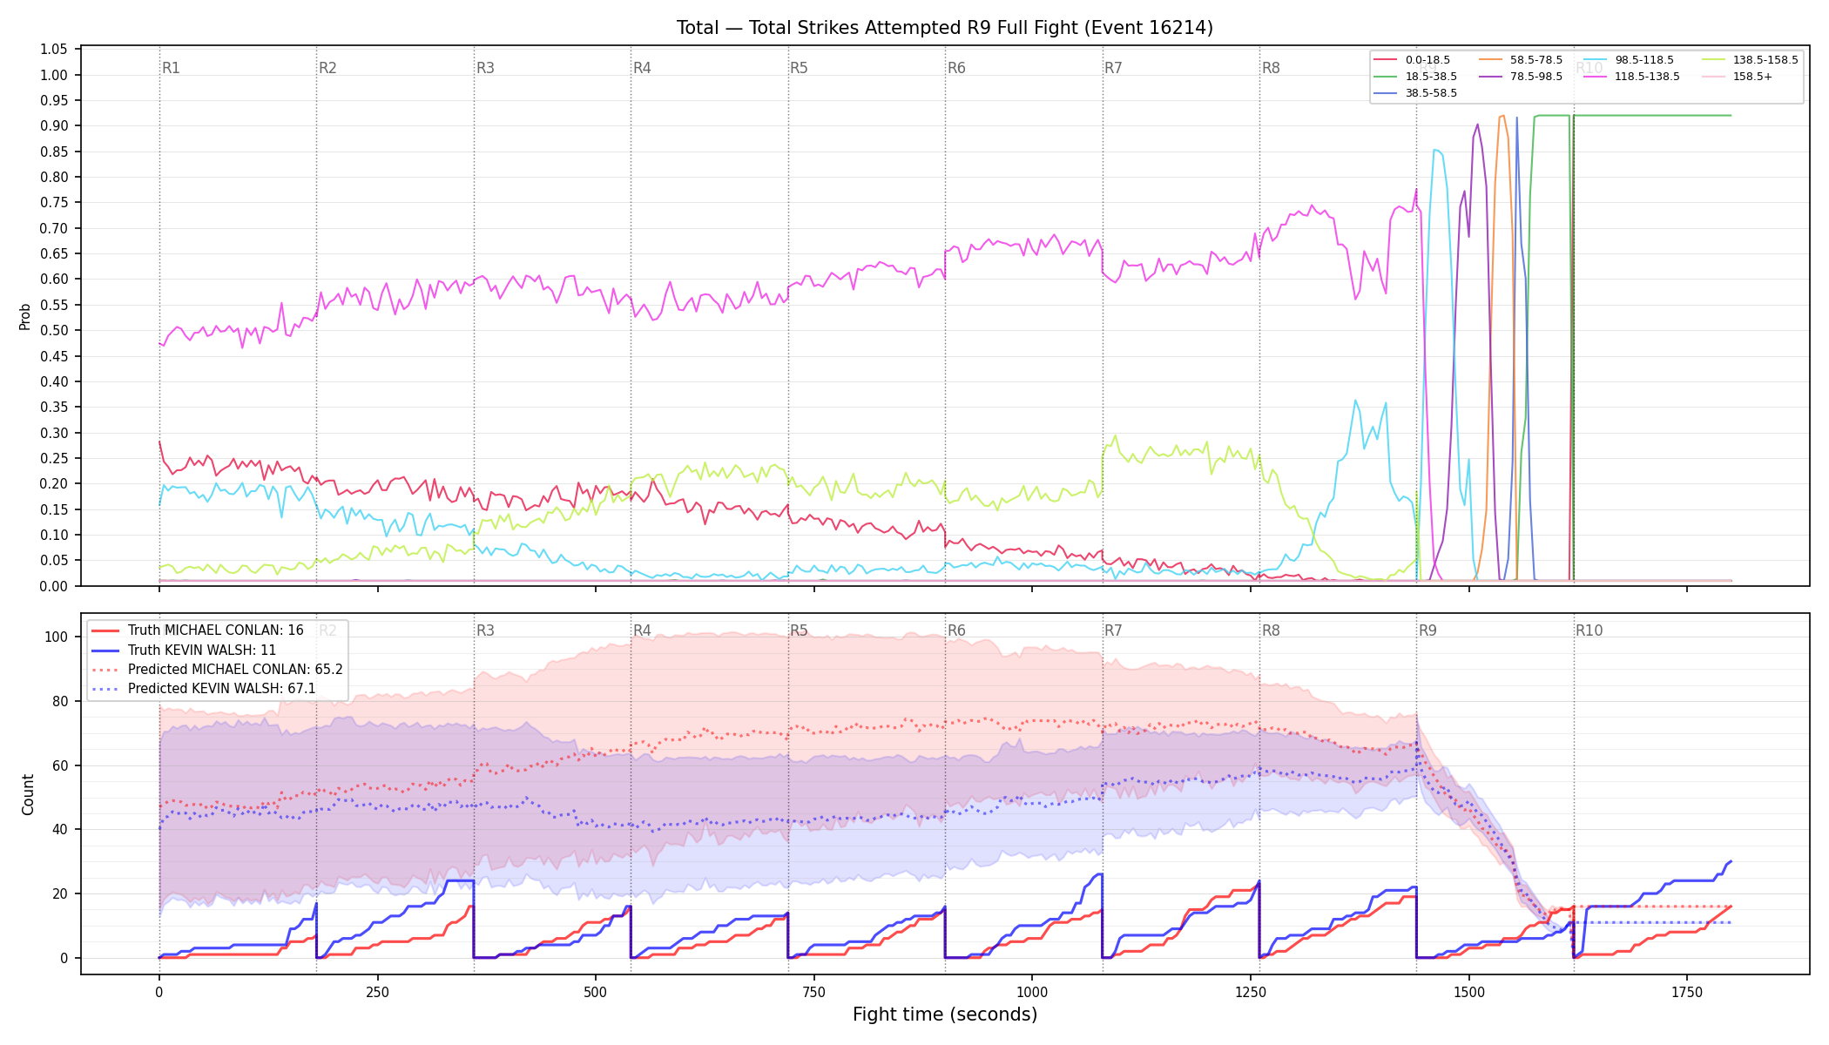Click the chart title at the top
point(945,28)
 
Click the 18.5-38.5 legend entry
point(1415,77)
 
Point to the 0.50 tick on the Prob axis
point(54,331)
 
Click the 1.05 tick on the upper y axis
point(54,50)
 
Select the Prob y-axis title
point(25,317)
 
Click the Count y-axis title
point(28,794)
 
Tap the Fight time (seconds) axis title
point(945,1015)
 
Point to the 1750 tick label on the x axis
point(1687,992)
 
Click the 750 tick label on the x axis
point(814,992)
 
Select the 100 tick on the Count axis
point(57,637)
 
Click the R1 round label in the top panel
point(171,68)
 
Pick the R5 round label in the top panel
point(799,68)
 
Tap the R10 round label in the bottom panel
point(1589,630)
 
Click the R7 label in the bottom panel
point(1113,630)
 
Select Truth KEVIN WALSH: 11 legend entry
point(202,651)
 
